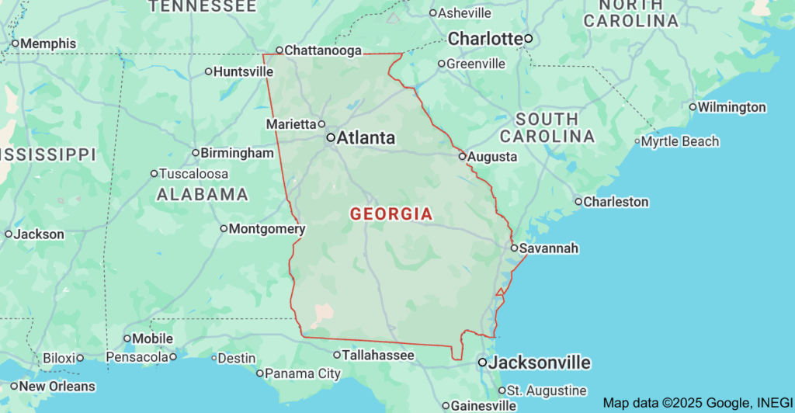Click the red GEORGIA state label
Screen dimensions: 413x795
tap(391, 213)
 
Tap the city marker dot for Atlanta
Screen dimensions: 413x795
tap(331, 137)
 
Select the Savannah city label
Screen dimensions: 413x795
tap(549, 248)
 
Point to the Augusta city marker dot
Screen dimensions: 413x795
tap(462, 156)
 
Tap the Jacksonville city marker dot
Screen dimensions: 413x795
tap(482, 363)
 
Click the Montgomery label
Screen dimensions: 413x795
tap(267, 229)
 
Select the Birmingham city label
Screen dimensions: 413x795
tap(238, 153)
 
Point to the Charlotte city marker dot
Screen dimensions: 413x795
tap(528, 38)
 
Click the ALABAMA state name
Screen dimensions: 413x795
tap(203, 195)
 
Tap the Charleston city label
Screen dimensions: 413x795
tap(616, 202)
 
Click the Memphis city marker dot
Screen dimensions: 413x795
tap(14, 44)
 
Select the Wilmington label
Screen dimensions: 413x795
tap(732, 107)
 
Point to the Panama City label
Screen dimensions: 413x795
tap(303, 373)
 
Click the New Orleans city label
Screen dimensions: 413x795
tap(57, 386)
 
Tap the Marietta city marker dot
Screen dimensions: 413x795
tap(321, 124)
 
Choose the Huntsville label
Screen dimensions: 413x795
tap(244, 71)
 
